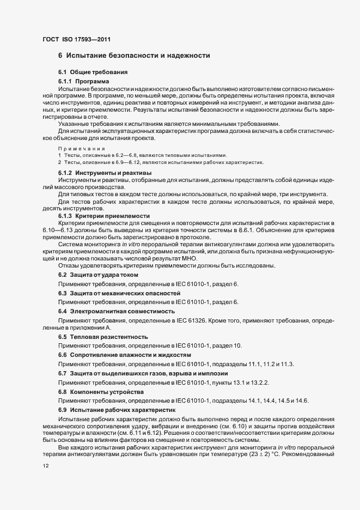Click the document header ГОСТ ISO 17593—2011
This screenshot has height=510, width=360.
pos(78,39)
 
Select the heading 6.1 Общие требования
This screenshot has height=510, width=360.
pos(93,72)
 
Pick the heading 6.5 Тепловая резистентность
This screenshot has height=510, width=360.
pos(103,337)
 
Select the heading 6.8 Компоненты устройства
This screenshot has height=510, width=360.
pos(101,392)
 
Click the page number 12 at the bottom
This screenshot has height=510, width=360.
pos(45,466)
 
